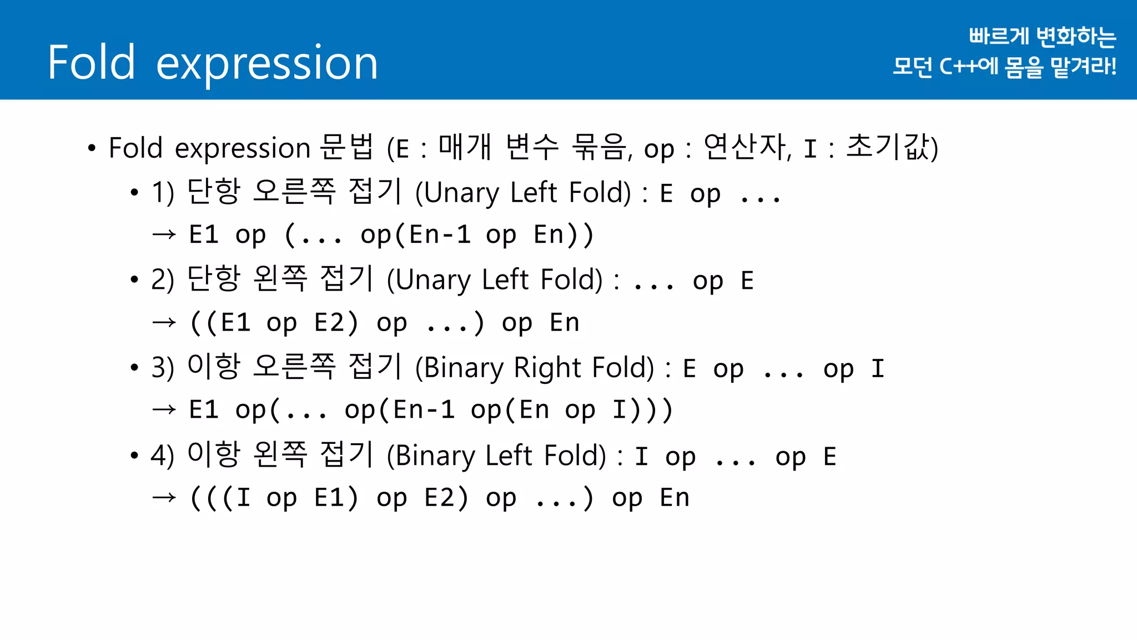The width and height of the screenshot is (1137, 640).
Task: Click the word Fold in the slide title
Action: [92, 62]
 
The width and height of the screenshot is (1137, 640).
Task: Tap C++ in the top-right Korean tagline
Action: [958, 67]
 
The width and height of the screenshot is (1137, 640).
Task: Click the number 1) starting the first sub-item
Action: [163, 193]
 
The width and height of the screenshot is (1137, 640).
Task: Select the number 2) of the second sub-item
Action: [163, 280]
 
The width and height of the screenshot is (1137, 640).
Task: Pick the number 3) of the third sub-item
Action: [163, 368]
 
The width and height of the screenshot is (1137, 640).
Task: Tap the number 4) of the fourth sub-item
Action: [163, 456]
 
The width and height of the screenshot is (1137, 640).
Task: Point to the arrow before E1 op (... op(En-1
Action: [164, 234]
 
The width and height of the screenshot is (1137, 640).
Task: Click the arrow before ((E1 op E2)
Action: [164, 322]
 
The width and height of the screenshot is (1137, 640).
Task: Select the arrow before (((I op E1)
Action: [164, 498]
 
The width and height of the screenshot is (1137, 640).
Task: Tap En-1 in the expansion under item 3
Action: [424, 410]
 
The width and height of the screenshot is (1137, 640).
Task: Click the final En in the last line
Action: [675, 498]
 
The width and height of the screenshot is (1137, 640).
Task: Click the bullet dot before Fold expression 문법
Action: [92, 148]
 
